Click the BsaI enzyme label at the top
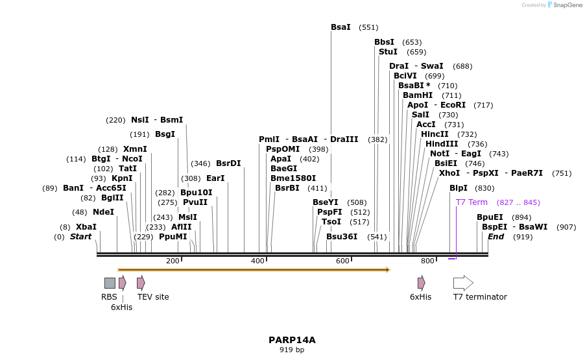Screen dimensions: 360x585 tap(340, 27)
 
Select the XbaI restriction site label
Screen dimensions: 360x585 tap(86, 227)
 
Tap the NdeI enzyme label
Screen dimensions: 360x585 tap(103, 212)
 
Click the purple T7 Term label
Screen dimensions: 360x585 tap(472, 202)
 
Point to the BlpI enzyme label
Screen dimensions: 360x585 tap(459, 188)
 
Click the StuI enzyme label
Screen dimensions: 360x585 tap(388, 52)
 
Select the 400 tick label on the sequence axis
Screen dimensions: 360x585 tap(257, 261)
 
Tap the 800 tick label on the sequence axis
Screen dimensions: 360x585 tap(427, 261)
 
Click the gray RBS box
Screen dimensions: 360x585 tap(110, 283)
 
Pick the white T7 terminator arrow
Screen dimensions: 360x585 tap(463, 283)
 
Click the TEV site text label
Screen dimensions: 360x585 tap(153, 297)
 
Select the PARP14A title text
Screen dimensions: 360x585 tap(292, 340)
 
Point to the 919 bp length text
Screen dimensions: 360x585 tap(292, 350)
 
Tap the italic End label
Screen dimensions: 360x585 tap(495, 237)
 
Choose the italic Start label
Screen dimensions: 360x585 tap(81, 237)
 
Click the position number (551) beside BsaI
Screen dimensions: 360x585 tap(368, 27)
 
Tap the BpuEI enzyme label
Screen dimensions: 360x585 tap(490, 217)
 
